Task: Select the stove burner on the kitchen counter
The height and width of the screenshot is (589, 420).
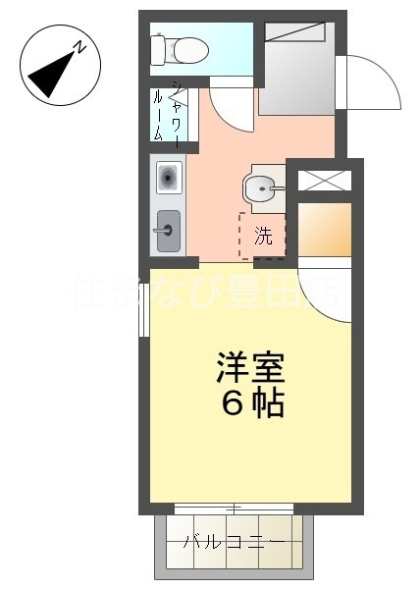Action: (x=168, y=178)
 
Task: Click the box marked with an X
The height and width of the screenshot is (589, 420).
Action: (x=323, y=179)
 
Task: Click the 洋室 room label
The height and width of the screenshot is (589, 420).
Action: (x=250, y=371)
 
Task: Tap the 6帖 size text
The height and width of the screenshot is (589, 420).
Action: (x=252, y=403)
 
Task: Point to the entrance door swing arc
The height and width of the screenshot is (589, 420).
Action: (x=368, y=82)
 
